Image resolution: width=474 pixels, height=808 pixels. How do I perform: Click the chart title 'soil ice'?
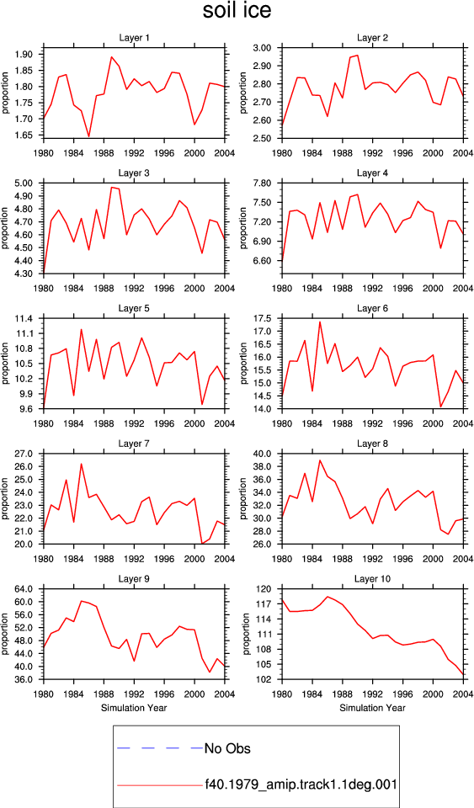(237, 11)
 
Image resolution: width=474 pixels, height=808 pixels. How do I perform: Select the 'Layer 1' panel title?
(134, 38)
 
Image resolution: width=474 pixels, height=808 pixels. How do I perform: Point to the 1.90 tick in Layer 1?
(24, 54)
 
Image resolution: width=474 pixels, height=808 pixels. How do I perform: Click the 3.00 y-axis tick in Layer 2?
(263, 48)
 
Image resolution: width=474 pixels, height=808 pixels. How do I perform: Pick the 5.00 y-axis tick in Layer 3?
(24, 183)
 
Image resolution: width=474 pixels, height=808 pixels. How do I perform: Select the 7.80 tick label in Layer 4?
(263, 183)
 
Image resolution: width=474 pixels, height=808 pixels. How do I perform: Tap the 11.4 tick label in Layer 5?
(24, 318)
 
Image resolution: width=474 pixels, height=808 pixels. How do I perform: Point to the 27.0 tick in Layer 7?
(24, 454)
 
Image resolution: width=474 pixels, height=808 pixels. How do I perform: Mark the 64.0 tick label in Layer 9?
(24, 589)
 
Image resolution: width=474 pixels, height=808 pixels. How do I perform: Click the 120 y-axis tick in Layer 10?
(266, 589)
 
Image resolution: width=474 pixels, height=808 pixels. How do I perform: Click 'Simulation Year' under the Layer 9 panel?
(134, 708)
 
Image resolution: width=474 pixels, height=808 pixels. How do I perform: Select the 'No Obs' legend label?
(227, 748)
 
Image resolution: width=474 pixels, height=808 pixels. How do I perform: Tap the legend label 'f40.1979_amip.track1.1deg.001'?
(301, 784)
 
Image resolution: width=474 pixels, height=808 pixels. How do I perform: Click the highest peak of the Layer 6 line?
(320, 322)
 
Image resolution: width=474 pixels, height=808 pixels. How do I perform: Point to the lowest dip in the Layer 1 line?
(88, 136)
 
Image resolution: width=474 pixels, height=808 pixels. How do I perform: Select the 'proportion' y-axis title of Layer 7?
(5, 498)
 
